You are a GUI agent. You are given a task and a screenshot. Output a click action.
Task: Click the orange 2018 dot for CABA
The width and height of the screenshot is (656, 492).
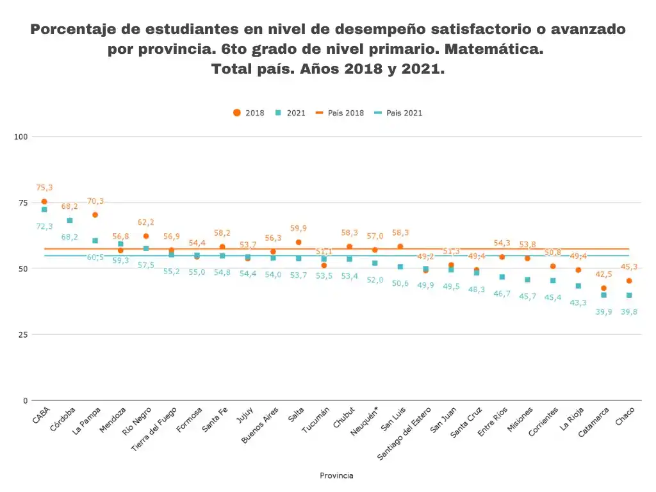coord(44,202)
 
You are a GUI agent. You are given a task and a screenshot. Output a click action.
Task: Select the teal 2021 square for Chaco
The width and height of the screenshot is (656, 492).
coord(629,295)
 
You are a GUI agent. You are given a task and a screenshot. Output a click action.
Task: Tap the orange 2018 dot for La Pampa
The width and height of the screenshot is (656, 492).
coord(95,215)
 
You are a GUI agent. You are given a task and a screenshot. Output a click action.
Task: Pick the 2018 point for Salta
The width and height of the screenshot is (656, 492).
coord(299,242)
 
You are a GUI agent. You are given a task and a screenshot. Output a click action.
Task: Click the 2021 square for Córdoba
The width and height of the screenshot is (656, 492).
coord(70,220)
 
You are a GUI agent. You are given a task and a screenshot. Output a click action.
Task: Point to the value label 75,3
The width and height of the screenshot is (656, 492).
coord(44,188)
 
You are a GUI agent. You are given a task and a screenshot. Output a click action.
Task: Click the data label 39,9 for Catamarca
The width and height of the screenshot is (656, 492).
coord(603,311)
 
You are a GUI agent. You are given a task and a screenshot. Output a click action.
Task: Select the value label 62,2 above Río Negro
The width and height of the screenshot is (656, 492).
coord(145,222)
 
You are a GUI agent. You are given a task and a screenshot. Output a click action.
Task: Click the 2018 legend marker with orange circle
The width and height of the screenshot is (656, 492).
coord(237,113)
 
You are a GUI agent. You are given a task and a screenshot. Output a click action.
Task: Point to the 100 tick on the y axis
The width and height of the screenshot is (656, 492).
coord(21,136)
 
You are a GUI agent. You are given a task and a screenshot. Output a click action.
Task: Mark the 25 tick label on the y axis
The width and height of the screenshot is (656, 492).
coord(24,334)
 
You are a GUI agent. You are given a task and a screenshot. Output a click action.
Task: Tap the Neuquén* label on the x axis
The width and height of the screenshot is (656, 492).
coord(364,422)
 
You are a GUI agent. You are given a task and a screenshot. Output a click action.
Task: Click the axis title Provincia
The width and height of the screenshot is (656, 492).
coord(336,475)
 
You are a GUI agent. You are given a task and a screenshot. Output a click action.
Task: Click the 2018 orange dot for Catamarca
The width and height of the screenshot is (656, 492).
coord(603,288)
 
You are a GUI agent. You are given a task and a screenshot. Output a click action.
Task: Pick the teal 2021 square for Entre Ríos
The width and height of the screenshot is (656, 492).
coord(502,277)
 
